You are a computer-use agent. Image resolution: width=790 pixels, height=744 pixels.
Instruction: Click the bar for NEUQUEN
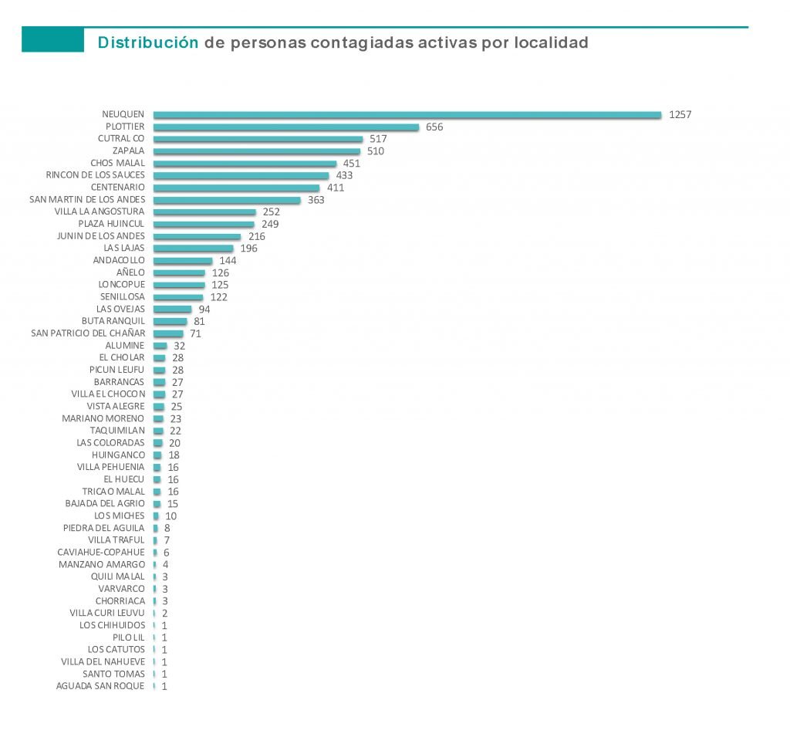click(x=407, y=115)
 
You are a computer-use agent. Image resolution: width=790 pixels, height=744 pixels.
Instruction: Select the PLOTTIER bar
click(x=286, y=127)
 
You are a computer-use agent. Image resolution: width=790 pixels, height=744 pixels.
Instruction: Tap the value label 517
click(x=378, y=139)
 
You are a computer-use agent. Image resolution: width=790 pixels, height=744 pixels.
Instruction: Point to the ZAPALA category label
click(x=128, y=151)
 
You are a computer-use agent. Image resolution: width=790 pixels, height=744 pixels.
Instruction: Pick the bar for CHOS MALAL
click(x=245, y=164)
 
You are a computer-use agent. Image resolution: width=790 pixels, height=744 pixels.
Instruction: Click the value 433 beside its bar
click(x=344, y=175)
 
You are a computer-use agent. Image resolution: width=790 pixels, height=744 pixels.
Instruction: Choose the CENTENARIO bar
click(x=236, y=188)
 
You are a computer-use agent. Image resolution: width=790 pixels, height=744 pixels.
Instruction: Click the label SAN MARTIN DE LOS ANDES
click(x=87, y=200)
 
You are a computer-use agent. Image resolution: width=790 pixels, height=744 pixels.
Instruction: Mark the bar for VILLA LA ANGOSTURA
click(x=204, y=212)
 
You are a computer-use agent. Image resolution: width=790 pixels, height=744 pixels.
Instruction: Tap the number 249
click(x=269, y=224)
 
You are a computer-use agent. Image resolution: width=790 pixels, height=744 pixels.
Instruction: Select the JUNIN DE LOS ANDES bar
click(x=197, y=236)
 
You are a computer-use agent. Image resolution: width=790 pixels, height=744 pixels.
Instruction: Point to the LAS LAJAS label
click(x=124, y=249)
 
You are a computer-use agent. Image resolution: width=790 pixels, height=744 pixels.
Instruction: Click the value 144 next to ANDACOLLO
click(x=228, y=261)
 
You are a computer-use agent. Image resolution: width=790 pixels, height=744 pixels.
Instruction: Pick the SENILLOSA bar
click(x=178, y=297)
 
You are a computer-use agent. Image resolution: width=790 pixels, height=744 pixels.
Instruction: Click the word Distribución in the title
click(x=148, y=43)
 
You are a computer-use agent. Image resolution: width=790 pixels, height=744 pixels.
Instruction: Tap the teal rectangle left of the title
click(x=52, y=39)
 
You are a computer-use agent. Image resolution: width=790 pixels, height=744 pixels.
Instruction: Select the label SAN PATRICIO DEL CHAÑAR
click(x=88, y=333)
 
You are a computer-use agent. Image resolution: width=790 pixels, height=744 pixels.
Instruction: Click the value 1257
click(x=680, y=115)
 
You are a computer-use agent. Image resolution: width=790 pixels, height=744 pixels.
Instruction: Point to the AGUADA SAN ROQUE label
click(x=100, y=686)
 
